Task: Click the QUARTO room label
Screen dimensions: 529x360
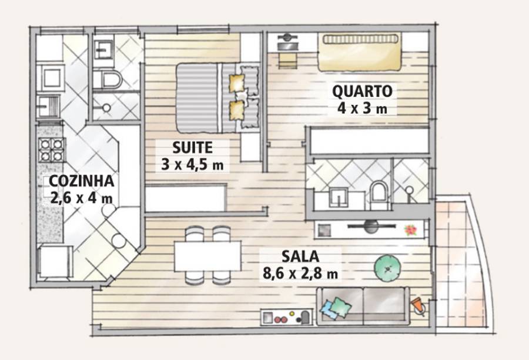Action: [x=362, y=91]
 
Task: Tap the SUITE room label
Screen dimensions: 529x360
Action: [x=193, y=148]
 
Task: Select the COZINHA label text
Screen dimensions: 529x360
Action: [x=82, y=181]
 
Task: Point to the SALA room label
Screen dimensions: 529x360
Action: [x=300, y=256]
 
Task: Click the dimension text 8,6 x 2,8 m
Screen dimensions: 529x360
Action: [x=300, y=273]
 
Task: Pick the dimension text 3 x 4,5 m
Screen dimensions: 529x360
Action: [x=193, y=165]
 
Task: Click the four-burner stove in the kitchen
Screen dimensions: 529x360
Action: [x=52, y=149]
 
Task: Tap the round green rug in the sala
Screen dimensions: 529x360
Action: [x=388, y=268]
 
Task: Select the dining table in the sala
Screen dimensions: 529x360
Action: [x=207, y=256]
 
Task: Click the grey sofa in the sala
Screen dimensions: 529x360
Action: [x=363, y=306]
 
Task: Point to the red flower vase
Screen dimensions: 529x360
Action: [x=411, y=230]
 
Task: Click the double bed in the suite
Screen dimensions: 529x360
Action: [x=218, y=98]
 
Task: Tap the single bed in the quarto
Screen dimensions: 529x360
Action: [x=359, y=52]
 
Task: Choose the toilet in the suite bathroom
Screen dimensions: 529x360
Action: [x=108, y=80]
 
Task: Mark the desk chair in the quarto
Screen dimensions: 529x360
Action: [x=288, y=59]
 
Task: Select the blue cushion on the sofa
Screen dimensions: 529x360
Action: [x=328, y=309]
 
